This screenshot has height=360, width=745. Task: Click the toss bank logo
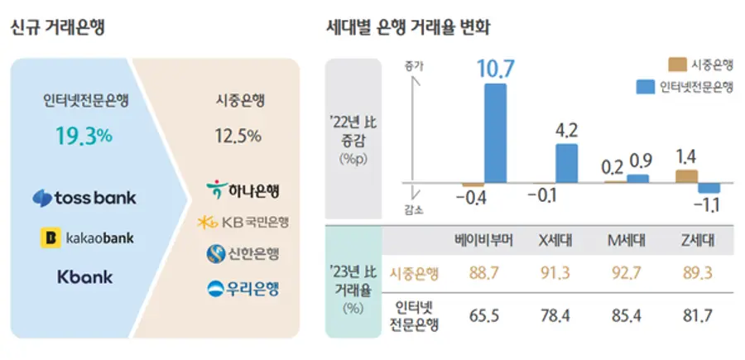tap(84, 199)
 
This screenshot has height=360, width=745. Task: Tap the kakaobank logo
tap(87, 238)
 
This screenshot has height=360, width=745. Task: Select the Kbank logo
tap(84, 277)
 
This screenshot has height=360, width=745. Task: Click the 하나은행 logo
tap(243, 190)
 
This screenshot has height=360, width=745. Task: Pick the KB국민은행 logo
tap(243, 222)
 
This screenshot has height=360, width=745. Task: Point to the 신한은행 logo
tap(243, 254)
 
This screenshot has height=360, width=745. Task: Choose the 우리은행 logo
tap(243, 288)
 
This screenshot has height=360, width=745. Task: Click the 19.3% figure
tap(84, 136)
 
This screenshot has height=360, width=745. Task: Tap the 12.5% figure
tap(238, 135)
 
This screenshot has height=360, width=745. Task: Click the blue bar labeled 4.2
tap(566, 162)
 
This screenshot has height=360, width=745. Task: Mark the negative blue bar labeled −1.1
tap(709, 188)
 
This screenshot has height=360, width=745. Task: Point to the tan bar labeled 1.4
tap(686, 175)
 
